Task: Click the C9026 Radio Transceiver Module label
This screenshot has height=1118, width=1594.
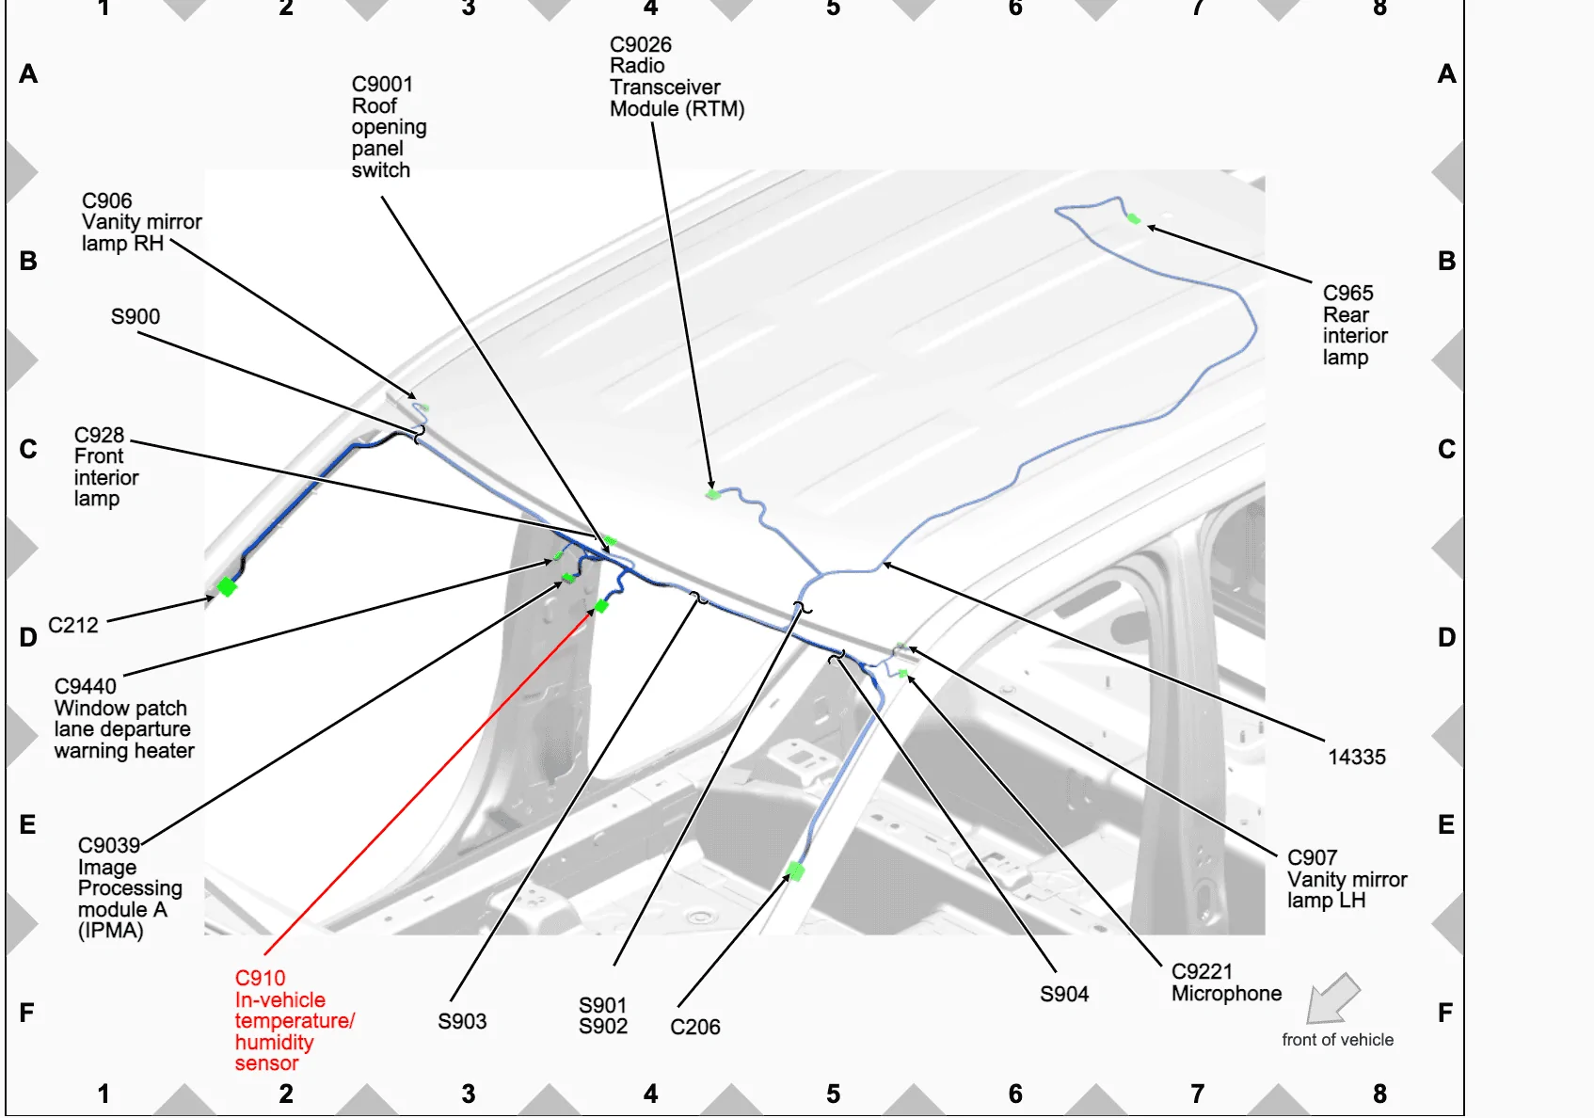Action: (x=677, y=77)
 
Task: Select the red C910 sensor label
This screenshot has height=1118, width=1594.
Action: (x=295, y=1020)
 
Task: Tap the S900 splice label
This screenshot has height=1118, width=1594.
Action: (x=135, y=317)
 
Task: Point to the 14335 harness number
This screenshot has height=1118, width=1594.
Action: (x=1356, y=757)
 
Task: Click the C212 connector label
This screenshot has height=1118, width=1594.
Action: (x=72, y=625)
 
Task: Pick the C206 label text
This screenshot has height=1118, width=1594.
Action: (x=694, y=1027)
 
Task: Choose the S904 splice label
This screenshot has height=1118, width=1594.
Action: (x=1064, y=994)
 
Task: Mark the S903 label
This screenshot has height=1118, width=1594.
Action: (x=462, y=1021)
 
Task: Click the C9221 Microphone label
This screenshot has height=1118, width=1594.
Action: (x=1226, y=982)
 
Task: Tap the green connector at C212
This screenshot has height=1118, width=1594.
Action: (x=226, y=587)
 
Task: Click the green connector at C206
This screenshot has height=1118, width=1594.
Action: (x=795, y=871)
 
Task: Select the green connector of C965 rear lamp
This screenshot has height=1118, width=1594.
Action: (x=1134, y=218)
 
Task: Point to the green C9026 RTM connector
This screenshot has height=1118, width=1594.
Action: (x=712, y=494)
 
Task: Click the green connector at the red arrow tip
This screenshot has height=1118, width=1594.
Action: (x=601, y=606)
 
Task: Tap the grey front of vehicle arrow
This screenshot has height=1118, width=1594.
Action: (x=1332, y=998)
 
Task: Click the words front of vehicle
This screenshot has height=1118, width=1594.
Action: (x=1337, y=1040)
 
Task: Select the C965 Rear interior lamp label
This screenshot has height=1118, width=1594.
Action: (x=1355, y=326)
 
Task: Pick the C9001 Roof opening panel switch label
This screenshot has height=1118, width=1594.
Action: (x=389, y=127)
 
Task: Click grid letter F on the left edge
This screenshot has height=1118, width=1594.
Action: (x=27, y=1012)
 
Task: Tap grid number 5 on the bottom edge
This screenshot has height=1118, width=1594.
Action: (x=834, y=1094)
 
